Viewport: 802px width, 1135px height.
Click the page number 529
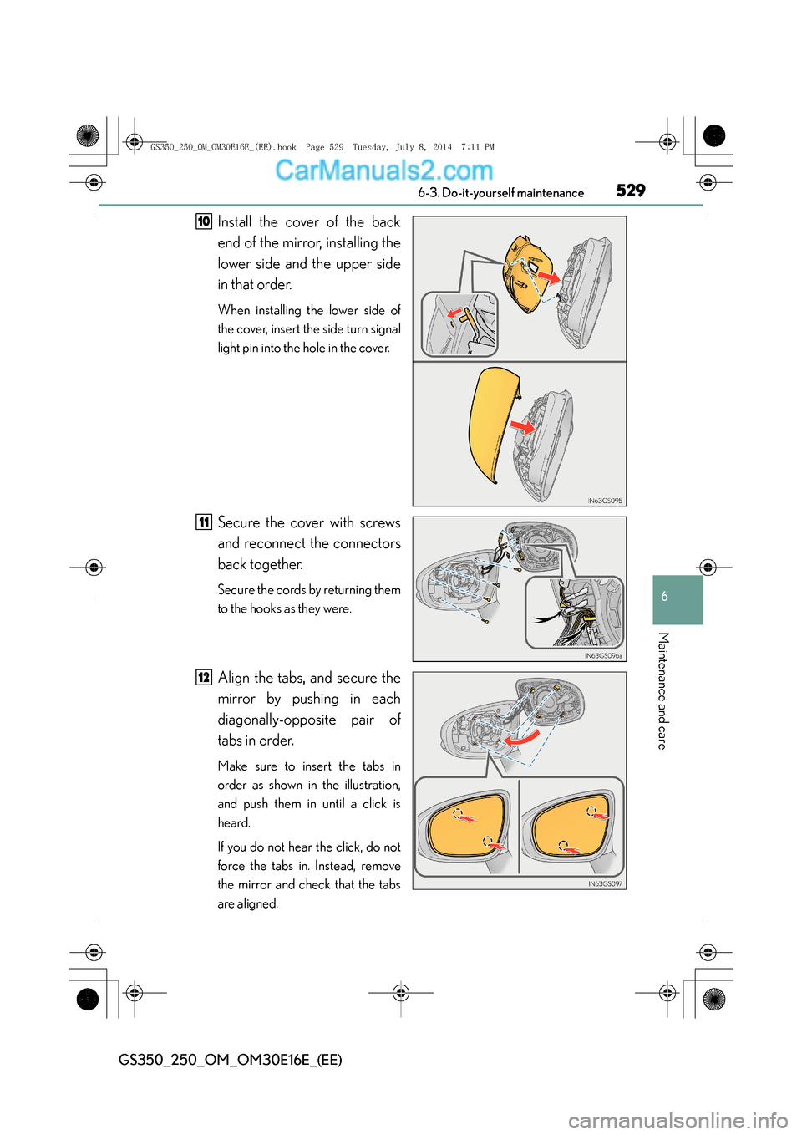point(631,191)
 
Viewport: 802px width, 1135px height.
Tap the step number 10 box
point(204,221)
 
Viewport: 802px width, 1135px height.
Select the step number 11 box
point(204,522)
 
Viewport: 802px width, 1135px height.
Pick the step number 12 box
point(204,678)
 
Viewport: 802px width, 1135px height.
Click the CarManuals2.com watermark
point(383,171)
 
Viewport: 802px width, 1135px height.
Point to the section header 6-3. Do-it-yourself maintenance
point(500,193)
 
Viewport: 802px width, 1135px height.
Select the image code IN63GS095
point(605,501)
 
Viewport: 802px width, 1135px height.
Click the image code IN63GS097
point(605,883)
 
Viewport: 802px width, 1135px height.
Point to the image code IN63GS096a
point(603,656)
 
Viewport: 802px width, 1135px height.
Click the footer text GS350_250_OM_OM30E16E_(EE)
point(230,1060)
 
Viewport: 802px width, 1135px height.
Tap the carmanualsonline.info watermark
point(678,1120)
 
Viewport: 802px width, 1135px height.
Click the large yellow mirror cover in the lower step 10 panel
point(490,422)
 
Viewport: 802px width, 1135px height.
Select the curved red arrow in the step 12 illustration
point(520,741)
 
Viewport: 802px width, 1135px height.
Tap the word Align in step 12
point(234,678)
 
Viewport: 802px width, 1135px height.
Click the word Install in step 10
point(235,222)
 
